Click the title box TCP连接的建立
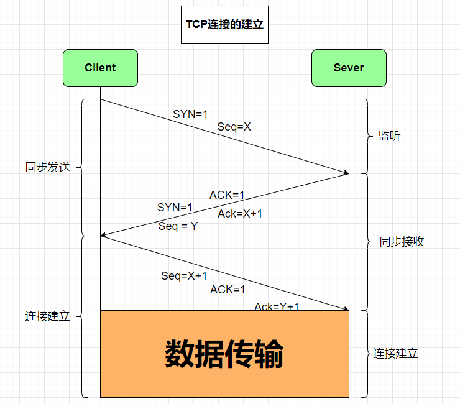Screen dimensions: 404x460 point(224,25)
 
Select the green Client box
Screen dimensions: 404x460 point(100,68)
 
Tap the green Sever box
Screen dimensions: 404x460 point(349,68)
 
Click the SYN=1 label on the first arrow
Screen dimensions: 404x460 point(190,114)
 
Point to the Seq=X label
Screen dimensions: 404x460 point(234,127)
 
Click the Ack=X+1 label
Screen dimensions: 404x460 point(240,214)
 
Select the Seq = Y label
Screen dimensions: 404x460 point(178,226)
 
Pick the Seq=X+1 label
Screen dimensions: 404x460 point(184,276)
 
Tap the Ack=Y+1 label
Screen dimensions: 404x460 point(277,306)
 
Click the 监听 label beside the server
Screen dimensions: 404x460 point(390,136)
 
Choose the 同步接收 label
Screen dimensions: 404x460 point(402,242)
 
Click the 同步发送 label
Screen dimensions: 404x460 point(48,167)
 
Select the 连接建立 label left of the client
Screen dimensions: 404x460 point(48,316)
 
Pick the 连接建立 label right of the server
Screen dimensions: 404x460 point(396,354)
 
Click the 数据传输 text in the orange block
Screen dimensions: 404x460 point(224,354)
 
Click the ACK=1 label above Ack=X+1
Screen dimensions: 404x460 point(227,195)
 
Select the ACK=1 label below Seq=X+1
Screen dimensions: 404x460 point(228,290)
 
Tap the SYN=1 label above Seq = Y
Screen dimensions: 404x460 point(175,207)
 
